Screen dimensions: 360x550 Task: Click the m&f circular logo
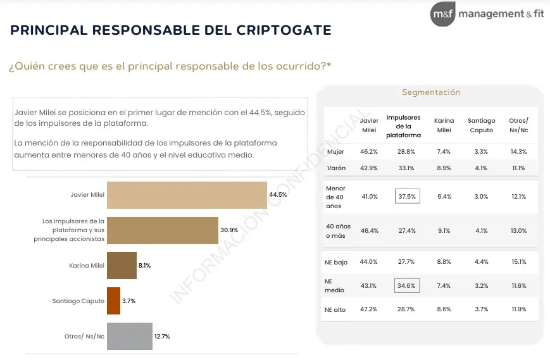coord(442,14)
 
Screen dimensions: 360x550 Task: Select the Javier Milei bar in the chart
coord(187,195)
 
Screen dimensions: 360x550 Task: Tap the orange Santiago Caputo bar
coord(113,301)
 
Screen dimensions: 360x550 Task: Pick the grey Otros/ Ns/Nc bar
coord(130,336)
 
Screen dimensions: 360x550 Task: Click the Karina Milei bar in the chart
coord(122,266)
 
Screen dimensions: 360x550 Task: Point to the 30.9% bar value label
coord(228,230)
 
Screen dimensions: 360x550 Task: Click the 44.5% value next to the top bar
coord(278,195)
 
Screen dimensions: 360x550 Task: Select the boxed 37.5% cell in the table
coord(407,197)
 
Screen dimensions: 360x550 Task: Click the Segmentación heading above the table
coord(431,92)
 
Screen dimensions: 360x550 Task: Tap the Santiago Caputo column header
coord(481,125)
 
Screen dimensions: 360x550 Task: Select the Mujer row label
coord(335,152)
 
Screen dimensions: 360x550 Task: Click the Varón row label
coord(336,168)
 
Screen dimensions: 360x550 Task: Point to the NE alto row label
coord(335,309)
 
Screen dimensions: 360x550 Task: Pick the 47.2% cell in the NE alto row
coord(369,309)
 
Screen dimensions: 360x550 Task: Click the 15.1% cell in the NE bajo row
coord(518,262)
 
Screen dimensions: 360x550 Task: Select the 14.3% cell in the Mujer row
coord(518,152)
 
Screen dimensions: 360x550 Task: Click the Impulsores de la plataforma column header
coord(403,126)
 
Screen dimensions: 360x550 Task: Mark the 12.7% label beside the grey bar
coord(162,337)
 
